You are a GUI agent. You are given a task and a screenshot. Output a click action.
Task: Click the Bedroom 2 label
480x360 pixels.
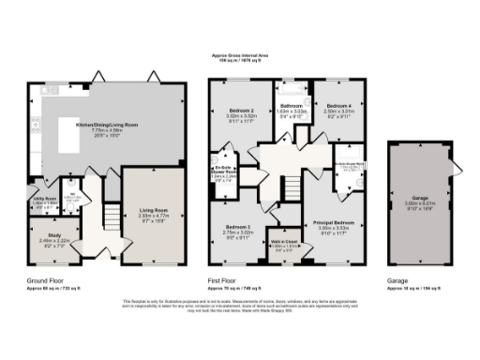pyautogui.click(x=242, y=111)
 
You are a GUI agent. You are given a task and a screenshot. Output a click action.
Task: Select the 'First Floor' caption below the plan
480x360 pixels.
pyautogui.click(x=221, y=279)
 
